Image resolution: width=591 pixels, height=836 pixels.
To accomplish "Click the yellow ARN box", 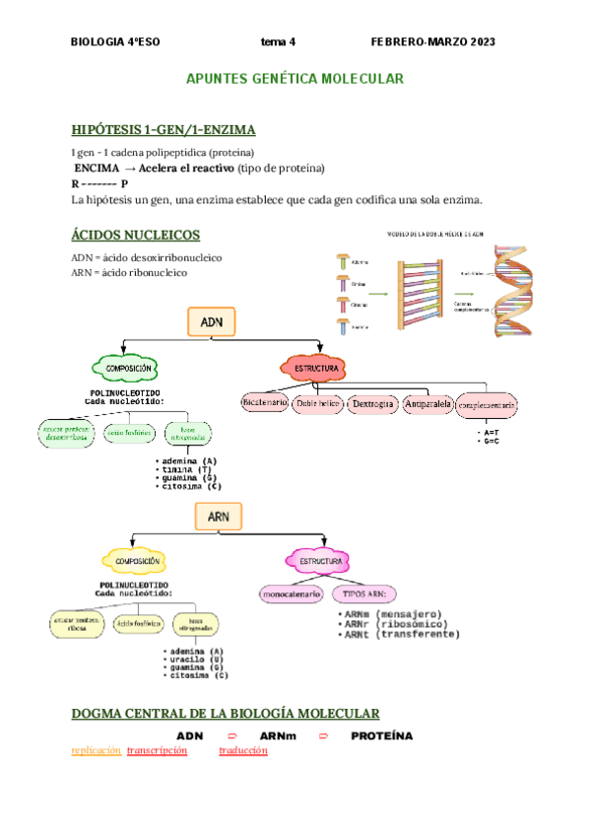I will (x=218, y=516).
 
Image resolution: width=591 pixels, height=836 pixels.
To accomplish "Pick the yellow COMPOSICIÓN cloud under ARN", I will (x=138, y=561).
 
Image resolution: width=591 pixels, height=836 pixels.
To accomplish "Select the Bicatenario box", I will (x=264, y=403).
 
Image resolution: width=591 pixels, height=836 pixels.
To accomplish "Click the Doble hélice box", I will (x=317, y=403).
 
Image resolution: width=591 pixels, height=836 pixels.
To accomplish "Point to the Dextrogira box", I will (x=372, y=403).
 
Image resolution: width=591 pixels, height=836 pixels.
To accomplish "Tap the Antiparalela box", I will (x=427, y=403).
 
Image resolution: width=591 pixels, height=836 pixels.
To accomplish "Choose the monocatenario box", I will (x=291, y=594).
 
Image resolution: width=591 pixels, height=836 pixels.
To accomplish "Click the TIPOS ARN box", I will (x=364, y=594).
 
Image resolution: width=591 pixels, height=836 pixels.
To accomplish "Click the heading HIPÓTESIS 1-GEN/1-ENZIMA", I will (x=164, y=130).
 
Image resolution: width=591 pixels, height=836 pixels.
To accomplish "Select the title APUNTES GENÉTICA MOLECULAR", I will (x=295, y=78).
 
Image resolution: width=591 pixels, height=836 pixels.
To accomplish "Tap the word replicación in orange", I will (x=97, y=751).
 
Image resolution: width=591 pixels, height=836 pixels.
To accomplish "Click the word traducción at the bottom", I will (x=243, y=751).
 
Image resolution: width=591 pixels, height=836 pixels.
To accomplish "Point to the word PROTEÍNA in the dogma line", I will (x=381, y=736).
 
